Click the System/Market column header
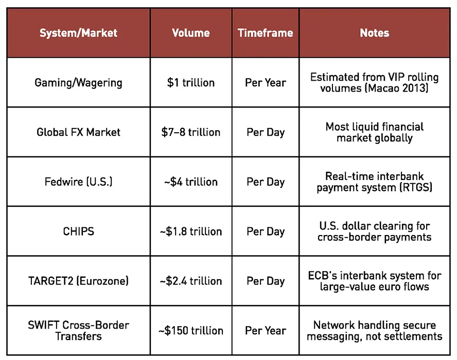click(78, 33)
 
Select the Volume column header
click(191, 33)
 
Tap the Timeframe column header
click(266, 33)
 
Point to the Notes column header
click(375, 33)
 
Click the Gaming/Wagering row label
click(78, 83)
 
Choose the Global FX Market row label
click(78, 132)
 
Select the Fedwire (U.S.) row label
click(78, 182)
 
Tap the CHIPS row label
click(78, 231)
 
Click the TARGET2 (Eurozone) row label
click(78, 281)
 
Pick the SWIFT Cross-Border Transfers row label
click(78, 331)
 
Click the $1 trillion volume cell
click(191, 83)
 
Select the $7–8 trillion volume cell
click(191, 132)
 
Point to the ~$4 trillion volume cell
click(191, 182)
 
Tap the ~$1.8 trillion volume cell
click(191, 231)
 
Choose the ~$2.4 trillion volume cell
click(191, 281)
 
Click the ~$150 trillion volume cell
click(191, 331)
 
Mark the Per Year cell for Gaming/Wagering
click(266, 83)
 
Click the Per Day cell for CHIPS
click(266, 231)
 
